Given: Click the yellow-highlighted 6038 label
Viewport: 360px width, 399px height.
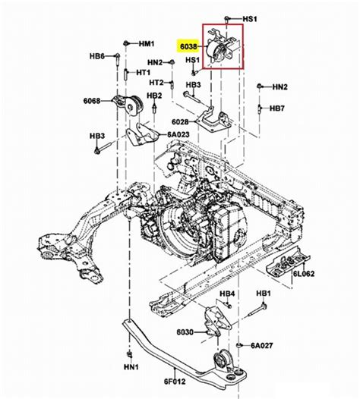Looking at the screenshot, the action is point(188,46).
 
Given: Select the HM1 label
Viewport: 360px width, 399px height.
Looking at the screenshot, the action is point(147,44).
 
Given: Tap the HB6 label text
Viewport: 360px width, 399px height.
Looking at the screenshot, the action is point(97,56).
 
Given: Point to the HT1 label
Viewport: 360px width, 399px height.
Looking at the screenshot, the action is point(144,73).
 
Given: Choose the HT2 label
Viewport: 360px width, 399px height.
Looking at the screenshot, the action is point(156,82).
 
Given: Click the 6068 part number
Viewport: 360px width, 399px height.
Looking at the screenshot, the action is point(92,101).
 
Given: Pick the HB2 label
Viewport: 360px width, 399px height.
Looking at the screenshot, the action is point(154,96).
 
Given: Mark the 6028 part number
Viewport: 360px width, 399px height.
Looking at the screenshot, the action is point(180,122).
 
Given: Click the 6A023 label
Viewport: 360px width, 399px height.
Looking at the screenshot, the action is point(178,134).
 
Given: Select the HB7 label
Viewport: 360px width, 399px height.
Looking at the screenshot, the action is point(277,108).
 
